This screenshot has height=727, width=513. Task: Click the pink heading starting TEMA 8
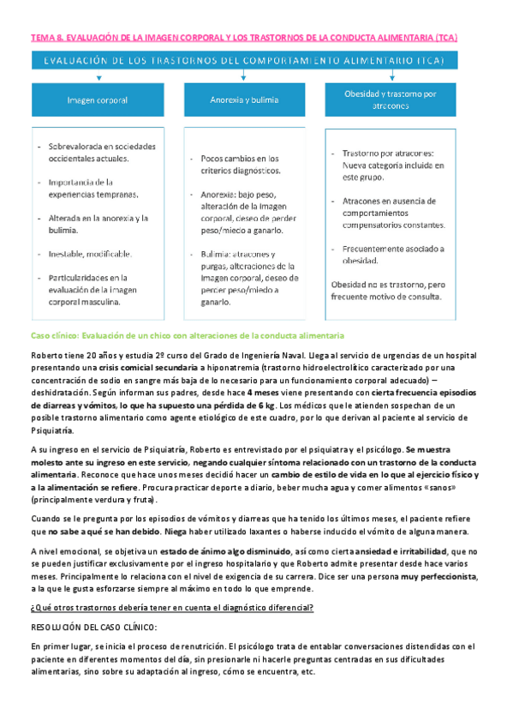(243, 39)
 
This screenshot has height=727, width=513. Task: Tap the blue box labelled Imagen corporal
(98, 100)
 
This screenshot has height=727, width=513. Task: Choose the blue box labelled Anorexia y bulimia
(244, 100)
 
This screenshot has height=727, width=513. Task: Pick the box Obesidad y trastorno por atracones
(390, 99)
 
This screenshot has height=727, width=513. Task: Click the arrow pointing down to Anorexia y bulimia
(244, 77)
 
